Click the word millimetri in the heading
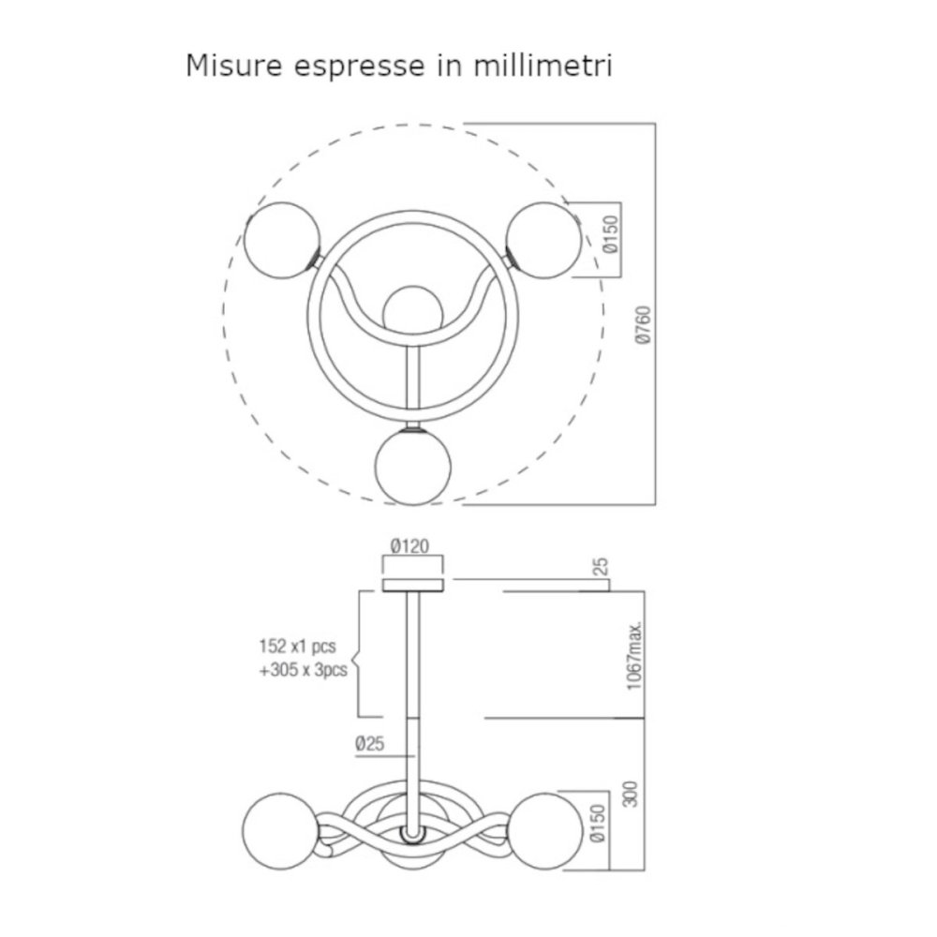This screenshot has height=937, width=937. click(543, 66)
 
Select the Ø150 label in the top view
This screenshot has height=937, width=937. click(611, 234)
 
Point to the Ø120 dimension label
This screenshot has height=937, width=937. click(410, 545)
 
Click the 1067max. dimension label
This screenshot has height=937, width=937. click(634, 656)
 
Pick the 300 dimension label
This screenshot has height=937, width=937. click(631, 794)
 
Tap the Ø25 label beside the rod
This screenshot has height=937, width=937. click(370, 744)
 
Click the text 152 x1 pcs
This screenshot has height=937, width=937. click(298, 647)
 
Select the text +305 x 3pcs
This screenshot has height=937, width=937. click(303, 670)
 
